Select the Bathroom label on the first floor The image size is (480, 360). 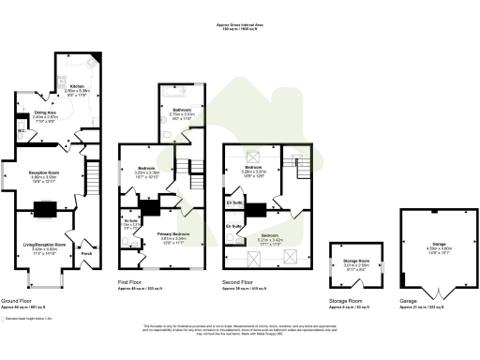174,109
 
